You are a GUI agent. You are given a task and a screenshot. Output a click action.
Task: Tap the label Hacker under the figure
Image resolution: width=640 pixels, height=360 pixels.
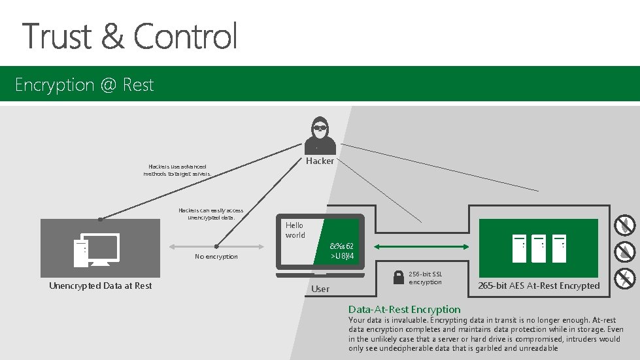point(320,161)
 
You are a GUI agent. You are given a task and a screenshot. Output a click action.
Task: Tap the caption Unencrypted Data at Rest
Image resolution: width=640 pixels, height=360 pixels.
point(100,286)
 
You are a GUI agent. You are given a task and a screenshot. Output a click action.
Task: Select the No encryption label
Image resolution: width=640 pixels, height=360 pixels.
point(216,257)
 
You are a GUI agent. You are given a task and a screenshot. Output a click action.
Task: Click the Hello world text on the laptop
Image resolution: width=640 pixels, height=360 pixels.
point(295,230)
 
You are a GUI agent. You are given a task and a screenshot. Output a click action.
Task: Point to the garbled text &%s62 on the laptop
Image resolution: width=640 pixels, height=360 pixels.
point(342,246)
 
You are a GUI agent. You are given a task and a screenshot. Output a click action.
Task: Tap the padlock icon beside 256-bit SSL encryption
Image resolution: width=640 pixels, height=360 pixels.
point(398,278)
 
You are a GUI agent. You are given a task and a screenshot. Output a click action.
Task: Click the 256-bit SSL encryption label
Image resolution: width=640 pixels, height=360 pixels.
point(426,278)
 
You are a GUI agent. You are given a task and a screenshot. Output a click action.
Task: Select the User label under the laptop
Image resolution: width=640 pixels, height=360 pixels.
point(320,289)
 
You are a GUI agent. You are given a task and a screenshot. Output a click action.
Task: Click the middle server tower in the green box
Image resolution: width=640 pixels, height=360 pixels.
point(539,248)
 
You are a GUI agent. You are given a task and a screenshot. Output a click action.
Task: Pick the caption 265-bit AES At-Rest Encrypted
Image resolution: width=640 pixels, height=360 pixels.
point(539,286)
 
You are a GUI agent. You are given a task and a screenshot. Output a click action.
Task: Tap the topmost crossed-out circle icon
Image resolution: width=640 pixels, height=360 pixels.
point(626,225)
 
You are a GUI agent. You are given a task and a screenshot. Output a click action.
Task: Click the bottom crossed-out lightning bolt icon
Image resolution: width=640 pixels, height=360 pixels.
point(626,279)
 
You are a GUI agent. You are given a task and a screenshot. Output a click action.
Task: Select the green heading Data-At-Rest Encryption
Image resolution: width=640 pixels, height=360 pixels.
point(404,309)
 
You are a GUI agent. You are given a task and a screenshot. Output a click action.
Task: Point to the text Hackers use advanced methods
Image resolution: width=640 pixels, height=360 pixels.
point(178,171)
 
